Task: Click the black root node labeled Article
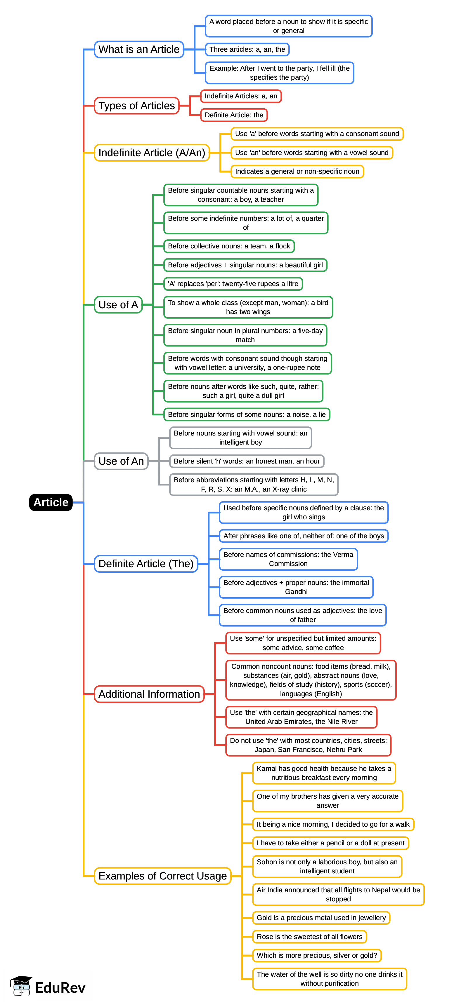coord(51,502)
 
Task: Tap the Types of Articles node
coord(137,106)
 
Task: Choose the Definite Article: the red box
coord(234,115)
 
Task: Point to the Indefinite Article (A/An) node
coord(152,153)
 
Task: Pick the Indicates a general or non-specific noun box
coord(297,171)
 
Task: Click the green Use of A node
coord(118,305)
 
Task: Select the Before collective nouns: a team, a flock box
coord(229,246)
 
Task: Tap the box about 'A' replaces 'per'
coord(233,284)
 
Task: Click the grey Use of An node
coord(121,461)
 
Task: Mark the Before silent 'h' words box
coord(247,461)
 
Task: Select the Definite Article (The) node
coord(146,564)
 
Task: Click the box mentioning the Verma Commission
coord(288,559)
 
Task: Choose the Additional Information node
coord(149,694)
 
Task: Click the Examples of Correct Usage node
coord(162,876)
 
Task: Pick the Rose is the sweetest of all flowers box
coord(310,937)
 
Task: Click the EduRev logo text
coord(60,987)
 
